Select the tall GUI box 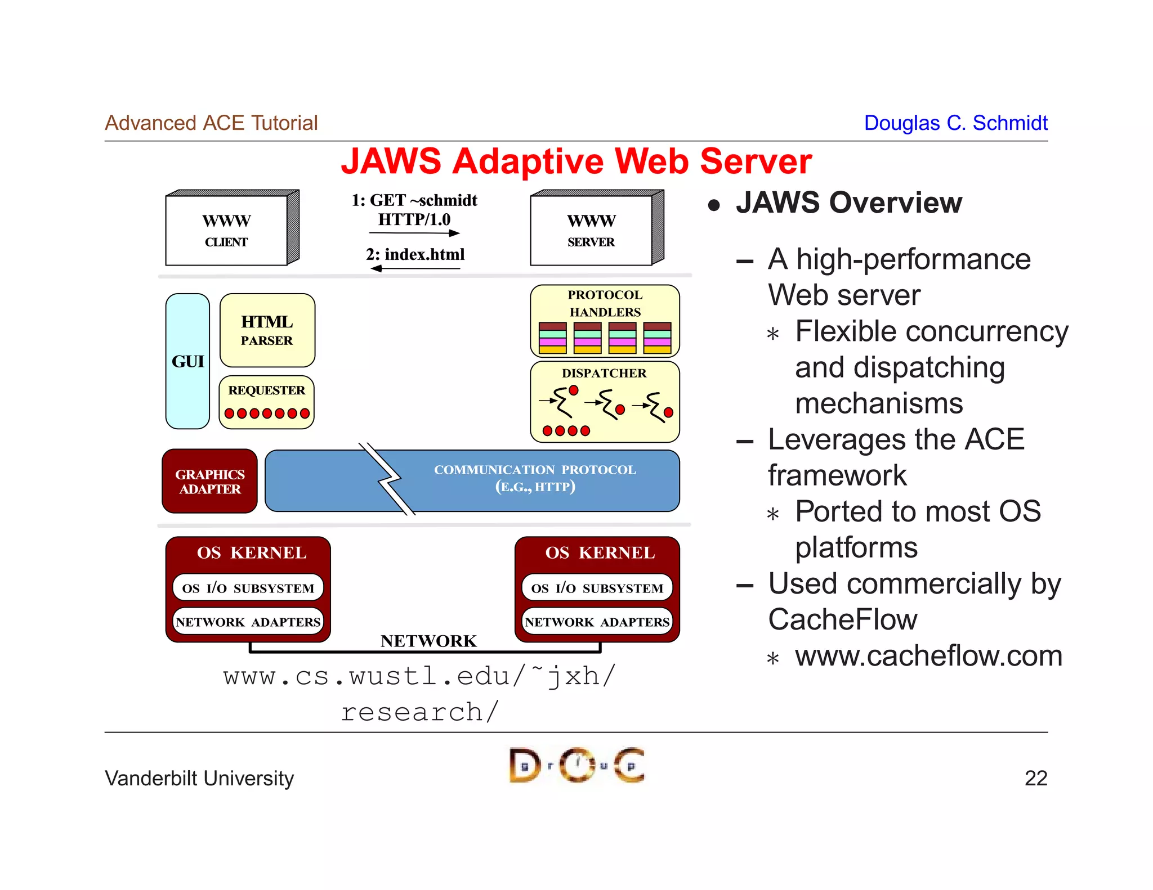(x=187, y=361)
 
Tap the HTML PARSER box (x=267, y=330)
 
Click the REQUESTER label (x=266, y=390)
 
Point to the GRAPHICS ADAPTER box (x=209, y=482)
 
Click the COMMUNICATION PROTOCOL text (x=535, y=470)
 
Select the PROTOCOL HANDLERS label (x=605, y=303)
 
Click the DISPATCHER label (x=604, y=373)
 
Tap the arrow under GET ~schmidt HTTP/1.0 (x=415, y=233)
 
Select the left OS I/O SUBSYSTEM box (x=248, y=588)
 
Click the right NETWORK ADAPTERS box (x=597, y=622)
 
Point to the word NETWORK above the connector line (x=428, y=641)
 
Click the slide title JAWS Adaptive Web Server (x=576, y=161)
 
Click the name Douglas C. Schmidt (x=955, y=123)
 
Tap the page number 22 (x=1035, y=778)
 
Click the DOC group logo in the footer (x=576, y=765)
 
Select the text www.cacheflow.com (x=928, y=656)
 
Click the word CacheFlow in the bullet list (x=843, y=620)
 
